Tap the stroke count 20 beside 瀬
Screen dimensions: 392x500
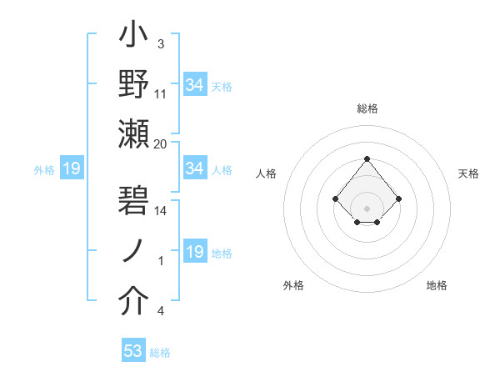click(x=161, y=144)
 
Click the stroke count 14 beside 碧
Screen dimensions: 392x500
click(x=161, y=211)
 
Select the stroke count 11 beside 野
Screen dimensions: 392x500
click(x=161, y=94)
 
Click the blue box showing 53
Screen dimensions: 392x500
click(x=133, y=351)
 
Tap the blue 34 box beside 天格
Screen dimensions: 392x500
click(x=195, y=85)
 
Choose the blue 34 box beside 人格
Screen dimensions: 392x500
click(x=195, y=168)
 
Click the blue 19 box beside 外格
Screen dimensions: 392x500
click(x=72, y=169)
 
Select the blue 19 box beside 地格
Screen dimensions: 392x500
click(x=195, y=252)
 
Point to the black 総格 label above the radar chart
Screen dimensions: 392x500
click(x=367, y=108)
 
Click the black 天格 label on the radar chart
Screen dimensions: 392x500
click(x=469, y=173)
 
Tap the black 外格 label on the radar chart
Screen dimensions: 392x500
click(x=293, y=285)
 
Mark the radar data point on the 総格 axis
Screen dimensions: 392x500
click(x=367, y=158)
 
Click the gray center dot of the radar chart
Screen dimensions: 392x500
click(x=367, y=208)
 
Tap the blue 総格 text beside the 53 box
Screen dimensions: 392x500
click(x=160, y=353)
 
